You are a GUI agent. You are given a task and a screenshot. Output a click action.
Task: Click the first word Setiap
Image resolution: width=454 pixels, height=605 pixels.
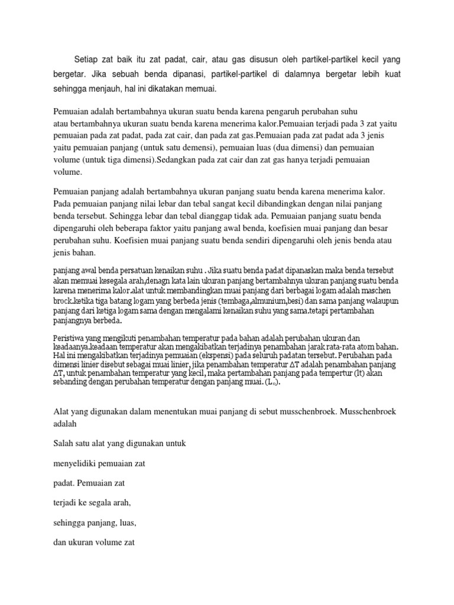coord(86,60)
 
